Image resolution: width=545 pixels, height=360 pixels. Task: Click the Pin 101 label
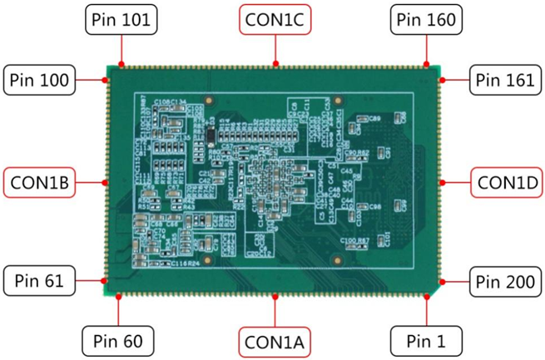point(121,20)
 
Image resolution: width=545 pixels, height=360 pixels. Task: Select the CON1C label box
point(275,20)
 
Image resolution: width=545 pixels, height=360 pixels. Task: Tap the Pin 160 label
point(426,20)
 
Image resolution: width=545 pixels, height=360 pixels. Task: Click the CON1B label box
point(40,180)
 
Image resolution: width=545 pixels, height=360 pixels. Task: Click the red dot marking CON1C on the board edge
point(275,63)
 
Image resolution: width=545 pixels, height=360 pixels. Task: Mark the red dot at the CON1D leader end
point(441,180)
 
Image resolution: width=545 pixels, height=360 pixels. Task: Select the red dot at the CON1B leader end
point(106,180)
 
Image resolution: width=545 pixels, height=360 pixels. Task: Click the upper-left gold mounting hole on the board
point(209,101)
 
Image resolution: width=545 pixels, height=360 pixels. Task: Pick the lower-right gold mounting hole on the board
point(337,260)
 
